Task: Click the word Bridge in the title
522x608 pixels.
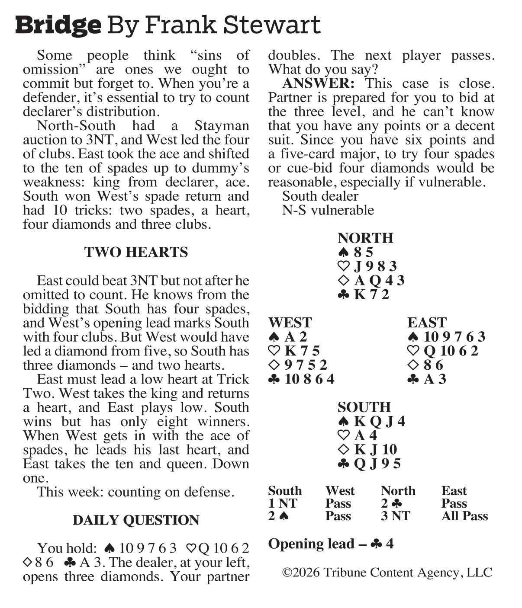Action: (58, 25)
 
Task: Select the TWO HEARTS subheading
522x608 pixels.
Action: (136, 252)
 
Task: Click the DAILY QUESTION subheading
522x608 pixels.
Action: (136, 520)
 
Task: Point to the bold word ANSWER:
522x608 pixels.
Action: (319, 83)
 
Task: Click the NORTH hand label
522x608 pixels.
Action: (365, 238)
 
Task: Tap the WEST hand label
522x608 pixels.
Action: (290, 323)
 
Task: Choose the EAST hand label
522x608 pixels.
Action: (427, 323)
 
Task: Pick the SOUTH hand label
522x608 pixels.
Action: (364, 407)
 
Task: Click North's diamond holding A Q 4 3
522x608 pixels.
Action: (379, 281)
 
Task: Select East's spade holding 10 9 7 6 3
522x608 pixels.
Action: (454, 337)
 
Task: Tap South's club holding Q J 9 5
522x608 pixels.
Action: (377, 464)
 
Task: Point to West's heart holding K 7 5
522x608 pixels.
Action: (302, 351)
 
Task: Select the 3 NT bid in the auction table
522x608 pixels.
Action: (395, 516)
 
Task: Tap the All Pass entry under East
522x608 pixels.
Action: (464, 516)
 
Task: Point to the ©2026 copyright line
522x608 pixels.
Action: (387, 573)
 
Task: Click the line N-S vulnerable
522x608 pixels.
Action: (328, 210)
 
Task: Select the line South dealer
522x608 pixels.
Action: (320, 196)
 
